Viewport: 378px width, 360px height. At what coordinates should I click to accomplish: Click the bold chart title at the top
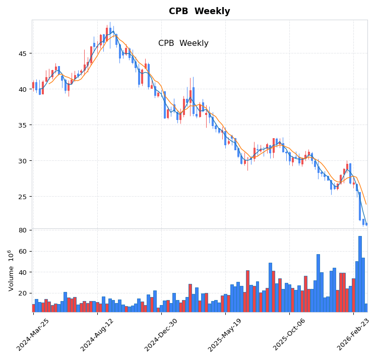(199, 12)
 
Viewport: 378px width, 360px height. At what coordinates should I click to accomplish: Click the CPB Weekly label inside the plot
(183, 43)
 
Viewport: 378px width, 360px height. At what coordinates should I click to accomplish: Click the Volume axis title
(11, 270)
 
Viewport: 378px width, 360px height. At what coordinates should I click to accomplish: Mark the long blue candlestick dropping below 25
(360, 206)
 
